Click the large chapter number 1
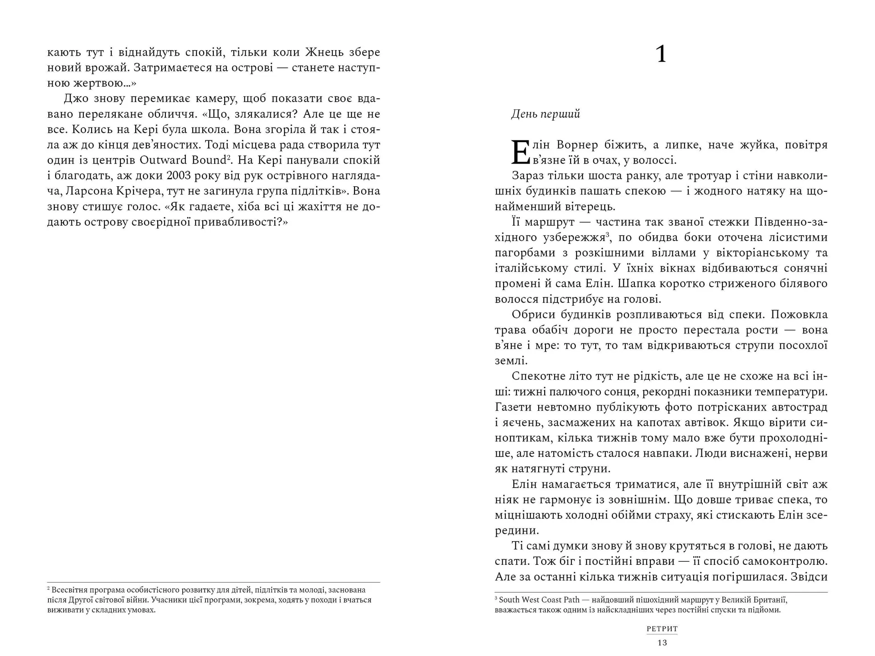pos(661,54)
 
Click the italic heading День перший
pos(546,114)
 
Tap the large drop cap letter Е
pos(520,152)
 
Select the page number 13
pos(662,643)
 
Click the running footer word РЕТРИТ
pos(662,629)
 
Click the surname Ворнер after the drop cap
pos(577,145)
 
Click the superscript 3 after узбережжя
pos(607,235)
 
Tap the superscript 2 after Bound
pos(228,157)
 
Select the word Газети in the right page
pos(513,407)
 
